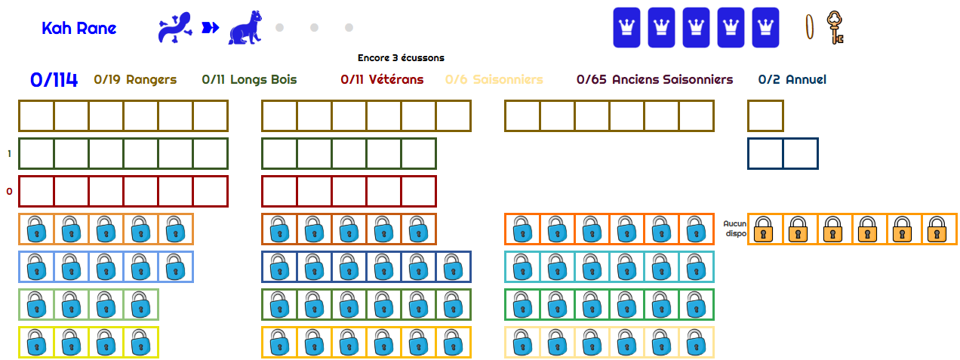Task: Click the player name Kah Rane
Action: (x=79, y=29)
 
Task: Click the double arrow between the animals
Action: (x=210, y=28)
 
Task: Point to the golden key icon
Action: (x=834, y=27)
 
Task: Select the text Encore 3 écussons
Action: (x=401, y=57)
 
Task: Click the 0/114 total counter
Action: (x=54, y=80)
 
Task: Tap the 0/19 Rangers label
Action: (x=135, y=79)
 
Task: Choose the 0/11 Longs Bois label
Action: (x=249, y=79)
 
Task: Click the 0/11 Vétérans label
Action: (x=382, y=79)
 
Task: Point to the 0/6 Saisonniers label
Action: (x=494, y=79)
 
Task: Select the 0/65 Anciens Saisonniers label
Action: (x=654, y=79)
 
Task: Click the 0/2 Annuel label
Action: (x=792, y=79)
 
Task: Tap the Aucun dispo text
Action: (x=734, y=229)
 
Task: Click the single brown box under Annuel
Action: (x=765, y=115)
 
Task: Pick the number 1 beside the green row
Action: (x=10, y=154)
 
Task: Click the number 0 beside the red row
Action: (x=10, y=192)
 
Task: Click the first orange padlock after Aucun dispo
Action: (x=765, y=229)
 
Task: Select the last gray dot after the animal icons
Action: (x=349, y=28)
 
